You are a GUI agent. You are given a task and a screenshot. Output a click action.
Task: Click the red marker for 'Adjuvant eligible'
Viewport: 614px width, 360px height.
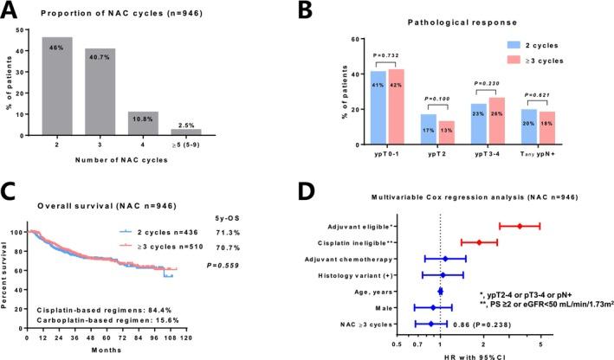coord(520,226)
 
